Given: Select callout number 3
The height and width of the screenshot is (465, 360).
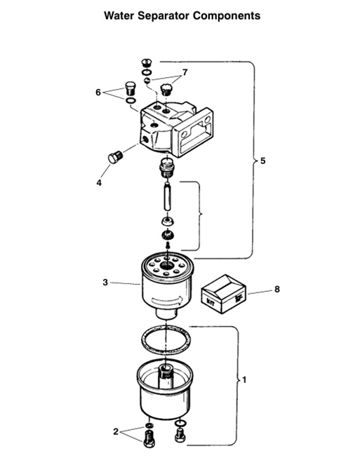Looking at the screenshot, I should [x=105, y=283].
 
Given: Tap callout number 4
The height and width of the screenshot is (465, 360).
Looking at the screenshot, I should [x=99, y=182].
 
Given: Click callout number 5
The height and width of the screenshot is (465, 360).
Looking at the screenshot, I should [x=262, y=161].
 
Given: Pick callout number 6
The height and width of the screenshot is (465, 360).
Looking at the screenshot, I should [x=99, y=92].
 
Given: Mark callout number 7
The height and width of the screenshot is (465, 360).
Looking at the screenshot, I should [x=185, y=72].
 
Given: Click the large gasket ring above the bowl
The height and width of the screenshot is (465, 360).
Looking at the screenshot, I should [x=162, y=343].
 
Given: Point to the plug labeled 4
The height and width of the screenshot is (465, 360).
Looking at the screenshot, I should [x=115, y=157].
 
